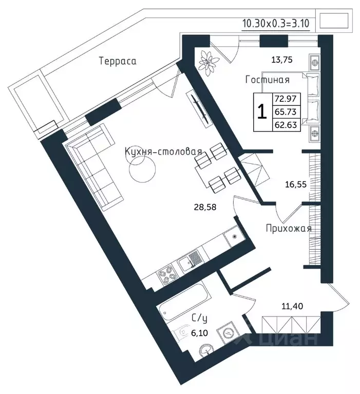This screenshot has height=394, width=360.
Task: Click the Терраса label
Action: (x=118, y=61)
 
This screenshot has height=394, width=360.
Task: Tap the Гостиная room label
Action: (x=267, y=80)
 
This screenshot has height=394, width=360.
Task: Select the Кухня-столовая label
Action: (x=163, y=152)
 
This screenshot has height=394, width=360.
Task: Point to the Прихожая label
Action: (x=289, y=229)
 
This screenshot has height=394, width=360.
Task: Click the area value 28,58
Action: (x=205, y=207)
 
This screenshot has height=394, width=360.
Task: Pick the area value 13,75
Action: (x=282, y=60)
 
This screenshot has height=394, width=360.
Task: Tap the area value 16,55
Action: (x=296, y=184)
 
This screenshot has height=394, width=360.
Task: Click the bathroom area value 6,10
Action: (x=199, y=333)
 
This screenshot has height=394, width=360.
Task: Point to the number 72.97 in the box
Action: (x=286, y=99)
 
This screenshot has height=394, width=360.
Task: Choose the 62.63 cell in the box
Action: (x=286, y=125)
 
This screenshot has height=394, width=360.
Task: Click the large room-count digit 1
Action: (x=262, y=112)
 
